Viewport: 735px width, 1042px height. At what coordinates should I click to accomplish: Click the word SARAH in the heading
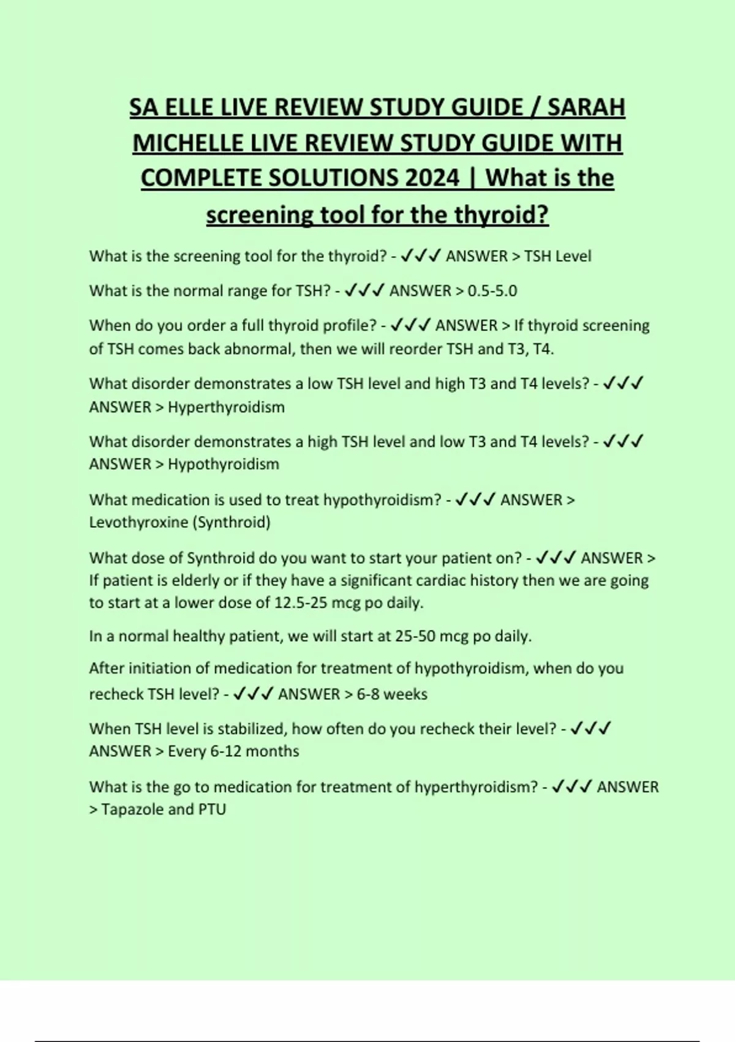coord(586,107)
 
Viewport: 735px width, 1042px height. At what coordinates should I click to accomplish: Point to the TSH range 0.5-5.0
coord(492,291)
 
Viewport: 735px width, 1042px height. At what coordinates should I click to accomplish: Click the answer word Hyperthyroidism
coord(226,407)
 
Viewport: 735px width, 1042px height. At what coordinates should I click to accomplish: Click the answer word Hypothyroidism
coord(223,464)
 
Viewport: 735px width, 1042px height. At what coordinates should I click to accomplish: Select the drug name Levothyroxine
coord(138,522)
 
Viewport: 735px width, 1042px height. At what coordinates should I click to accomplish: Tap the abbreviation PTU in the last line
coord(212,810)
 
